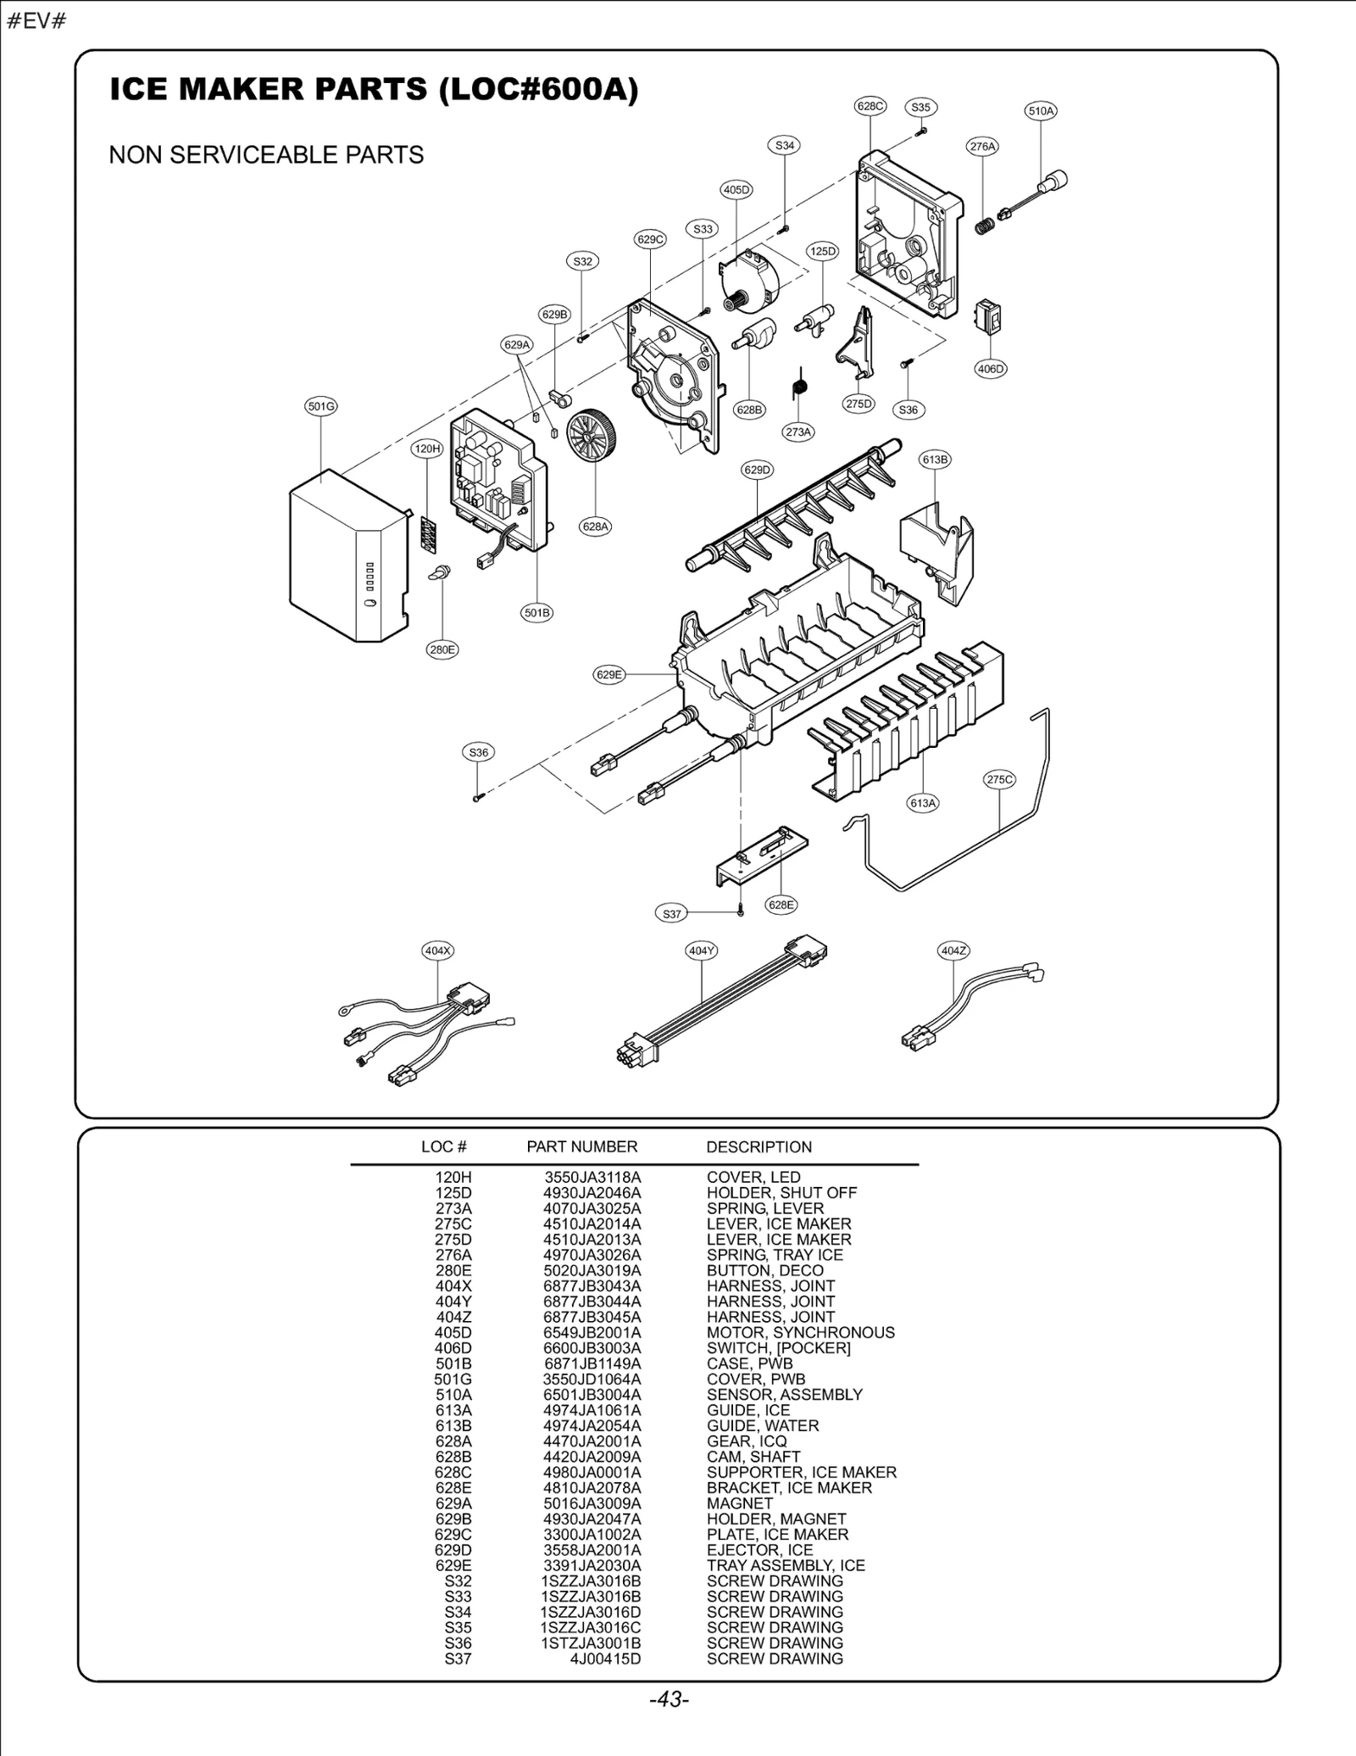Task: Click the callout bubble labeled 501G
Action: point(321,406)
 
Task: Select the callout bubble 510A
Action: point(1041,110)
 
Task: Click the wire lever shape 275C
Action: point(958,873)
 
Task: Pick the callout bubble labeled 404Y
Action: point(702,950)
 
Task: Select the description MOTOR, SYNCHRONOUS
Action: point(800,1332)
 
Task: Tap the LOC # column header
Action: point(443,1147)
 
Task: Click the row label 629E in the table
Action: point(453,1565)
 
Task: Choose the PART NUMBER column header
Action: point(581,1147)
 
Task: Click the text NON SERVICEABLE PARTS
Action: point(266,155)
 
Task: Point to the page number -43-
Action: point(669,1699)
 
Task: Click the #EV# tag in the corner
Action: point(36,21)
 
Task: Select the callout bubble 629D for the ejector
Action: point(758,470)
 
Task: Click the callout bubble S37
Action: point(671,914)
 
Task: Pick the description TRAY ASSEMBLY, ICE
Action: point(786,1565)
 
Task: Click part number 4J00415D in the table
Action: point(605,1658)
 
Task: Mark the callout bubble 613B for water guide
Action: point(935,460)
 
